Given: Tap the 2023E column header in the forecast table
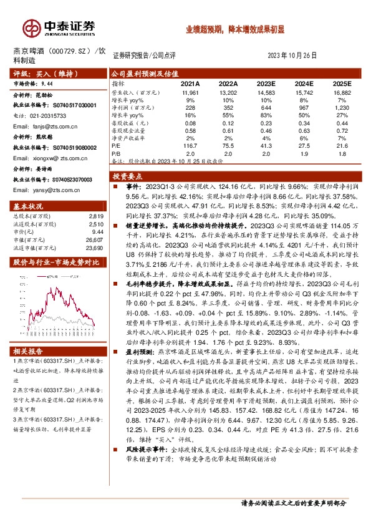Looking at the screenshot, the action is (x=266, y=83).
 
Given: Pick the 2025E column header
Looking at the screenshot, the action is (x=342, y=83).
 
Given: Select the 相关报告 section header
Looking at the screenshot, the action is (x=29, y=350).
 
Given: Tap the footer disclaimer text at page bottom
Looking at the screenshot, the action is (x=292, y=503).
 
